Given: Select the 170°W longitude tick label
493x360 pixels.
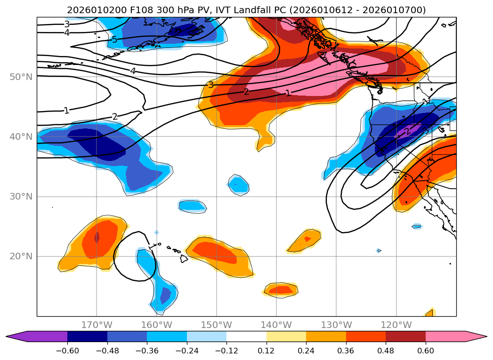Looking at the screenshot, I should [x=97, y=325].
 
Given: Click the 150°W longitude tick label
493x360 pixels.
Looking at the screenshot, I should [x=217, y=325].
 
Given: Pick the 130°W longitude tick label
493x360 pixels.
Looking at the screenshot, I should [x=336, y=325].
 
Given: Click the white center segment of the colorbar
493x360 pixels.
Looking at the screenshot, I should [x=246, y=336].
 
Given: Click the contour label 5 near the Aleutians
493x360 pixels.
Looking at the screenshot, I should [x=114, y=40].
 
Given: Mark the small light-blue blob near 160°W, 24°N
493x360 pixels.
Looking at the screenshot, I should [x=157, y=232].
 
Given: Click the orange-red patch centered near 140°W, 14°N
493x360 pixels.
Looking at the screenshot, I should [x=281, y=290].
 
